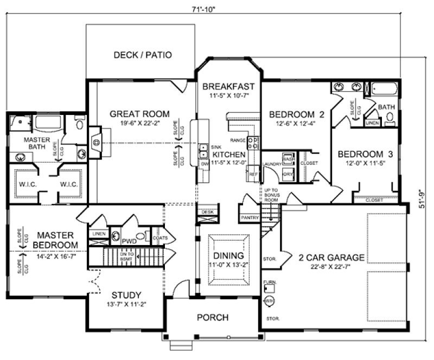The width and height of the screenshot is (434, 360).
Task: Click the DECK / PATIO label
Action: point(143,55)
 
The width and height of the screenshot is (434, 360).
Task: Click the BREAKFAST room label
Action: point(228,86)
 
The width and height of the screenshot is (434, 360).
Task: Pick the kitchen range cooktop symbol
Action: point(253,142)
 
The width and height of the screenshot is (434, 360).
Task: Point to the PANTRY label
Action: point(248,217)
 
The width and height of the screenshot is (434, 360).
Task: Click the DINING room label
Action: point(228,255)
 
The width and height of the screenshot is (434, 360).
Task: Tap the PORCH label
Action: point(213,318)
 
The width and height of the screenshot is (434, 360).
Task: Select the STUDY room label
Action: point(126,295)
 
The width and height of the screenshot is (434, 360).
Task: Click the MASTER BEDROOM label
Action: point(55,240)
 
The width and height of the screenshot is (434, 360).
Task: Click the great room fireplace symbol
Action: point(95,142)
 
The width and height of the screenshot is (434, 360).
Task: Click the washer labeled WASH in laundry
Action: point(288,159)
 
